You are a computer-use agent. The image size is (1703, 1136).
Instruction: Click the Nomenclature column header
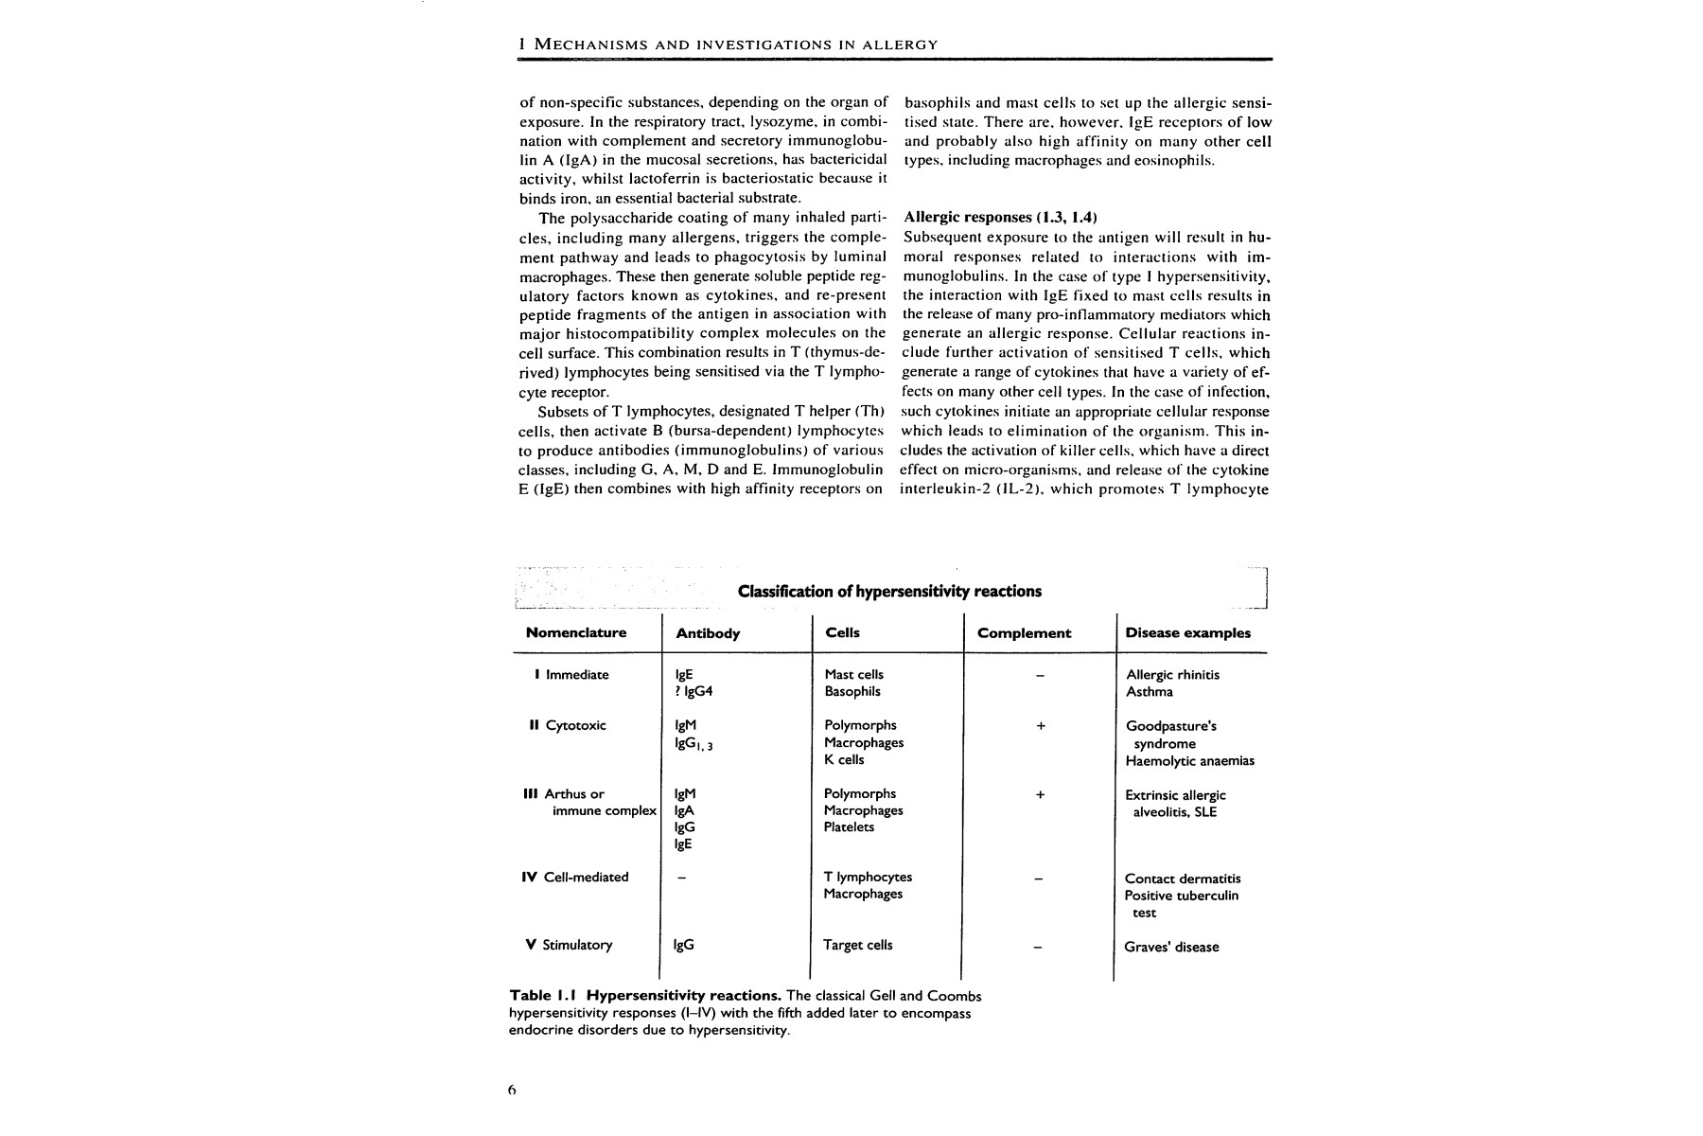point(576,632)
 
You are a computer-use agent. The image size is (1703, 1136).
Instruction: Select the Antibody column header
point(708,633)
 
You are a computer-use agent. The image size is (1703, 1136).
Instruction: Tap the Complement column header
point(1024,633)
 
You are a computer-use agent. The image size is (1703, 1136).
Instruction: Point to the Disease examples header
point(1187,633)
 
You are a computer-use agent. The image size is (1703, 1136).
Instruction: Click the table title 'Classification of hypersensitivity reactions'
point(889,592)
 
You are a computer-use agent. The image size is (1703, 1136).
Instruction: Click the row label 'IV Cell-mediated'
point(574,877)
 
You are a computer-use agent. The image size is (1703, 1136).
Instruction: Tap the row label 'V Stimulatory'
point(569,945)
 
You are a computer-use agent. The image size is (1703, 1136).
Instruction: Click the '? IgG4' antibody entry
point(693,692)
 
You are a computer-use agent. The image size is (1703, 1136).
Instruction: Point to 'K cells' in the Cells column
point(844,759)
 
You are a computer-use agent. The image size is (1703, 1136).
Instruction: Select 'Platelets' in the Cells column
point(849,826)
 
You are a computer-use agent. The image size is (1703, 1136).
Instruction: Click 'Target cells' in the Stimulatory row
point(858,945)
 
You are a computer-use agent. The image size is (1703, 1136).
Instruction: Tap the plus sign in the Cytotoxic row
point(1040,726)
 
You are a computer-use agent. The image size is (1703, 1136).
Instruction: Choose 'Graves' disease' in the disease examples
point(1171,947)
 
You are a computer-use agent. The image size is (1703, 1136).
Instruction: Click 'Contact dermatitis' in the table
point(1183,879)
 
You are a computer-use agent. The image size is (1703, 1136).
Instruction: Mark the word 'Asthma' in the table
point(1150,692)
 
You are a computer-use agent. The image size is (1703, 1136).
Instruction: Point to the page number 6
point(512,1090)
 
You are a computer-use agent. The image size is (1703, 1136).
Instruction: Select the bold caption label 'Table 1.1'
point(543,996)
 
